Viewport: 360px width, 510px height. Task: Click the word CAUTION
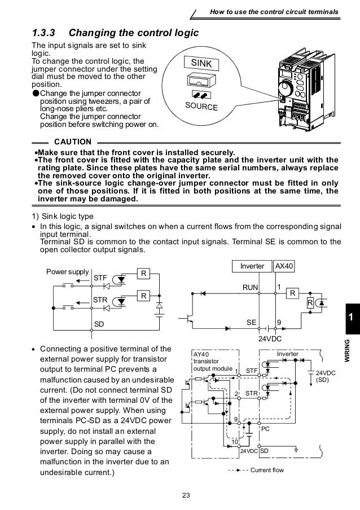coord(72,141)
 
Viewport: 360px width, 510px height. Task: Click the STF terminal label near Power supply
coord(100,278)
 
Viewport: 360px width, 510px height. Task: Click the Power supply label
coord(67,272)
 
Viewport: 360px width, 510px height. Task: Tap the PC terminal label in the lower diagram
coord(266,429)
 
